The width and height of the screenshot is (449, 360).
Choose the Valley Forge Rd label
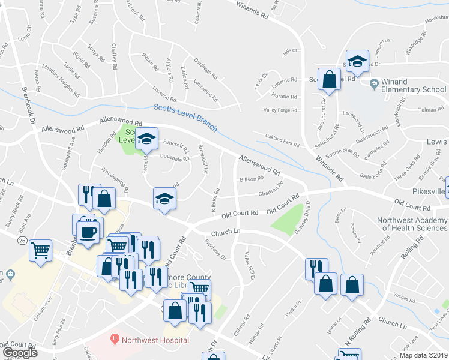pos(280,110)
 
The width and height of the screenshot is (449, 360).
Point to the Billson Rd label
pos(252,179)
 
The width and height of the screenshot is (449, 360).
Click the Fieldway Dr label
pos(215,250)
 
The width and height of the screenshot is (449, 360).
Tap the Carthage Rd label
pos(205,69)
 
